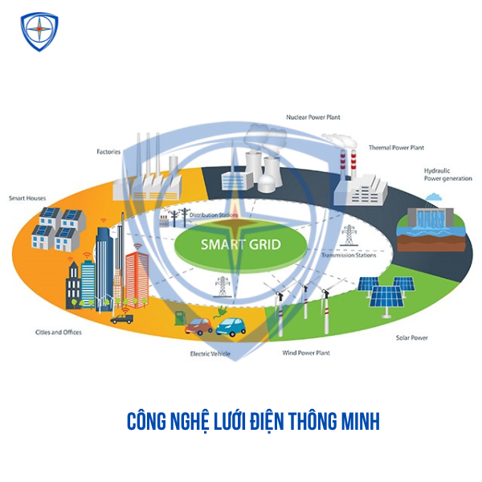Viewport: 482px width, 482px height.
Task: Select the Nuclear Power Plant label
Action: tap(313, 117)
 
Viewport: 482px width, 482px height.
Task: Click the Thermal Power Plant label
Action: tap(396, 148)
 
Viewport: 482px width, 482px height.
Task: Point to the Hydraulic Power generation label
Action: tap(446, 174)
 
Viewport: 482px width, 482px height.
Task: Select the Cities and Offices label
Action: tap(58, 332)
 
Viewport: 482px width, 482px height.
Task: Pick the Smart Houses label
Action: tap(25, 198)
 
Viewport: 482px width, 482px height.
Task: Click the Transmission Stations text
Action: tap(349, 255)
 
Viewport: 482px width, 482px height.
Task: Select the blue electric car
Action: tap(231, 326)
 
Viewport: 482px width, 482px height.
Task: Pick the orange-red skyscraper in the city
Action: tap(137, 277)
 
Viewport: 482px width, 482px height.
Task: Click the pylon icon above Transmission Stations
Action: tap(348, 235)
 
